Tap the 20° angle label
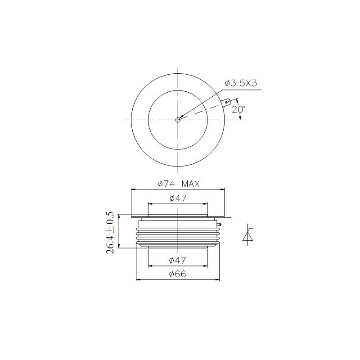(238, 109)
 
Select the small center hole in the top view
(178, 120)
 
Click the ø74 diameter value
(166, 184)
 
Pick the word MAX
(191, 184)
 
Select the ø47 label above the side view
(178, 198)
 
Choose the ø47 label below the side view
(178, 260)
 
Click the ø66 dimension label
(178, 274)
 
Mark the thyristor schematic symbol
(247, 234)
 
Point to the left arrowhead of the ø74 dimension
(133, 189)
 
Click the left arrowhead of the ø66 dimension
(138, 279)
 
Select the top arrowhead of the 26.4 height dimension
(119, 216)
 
